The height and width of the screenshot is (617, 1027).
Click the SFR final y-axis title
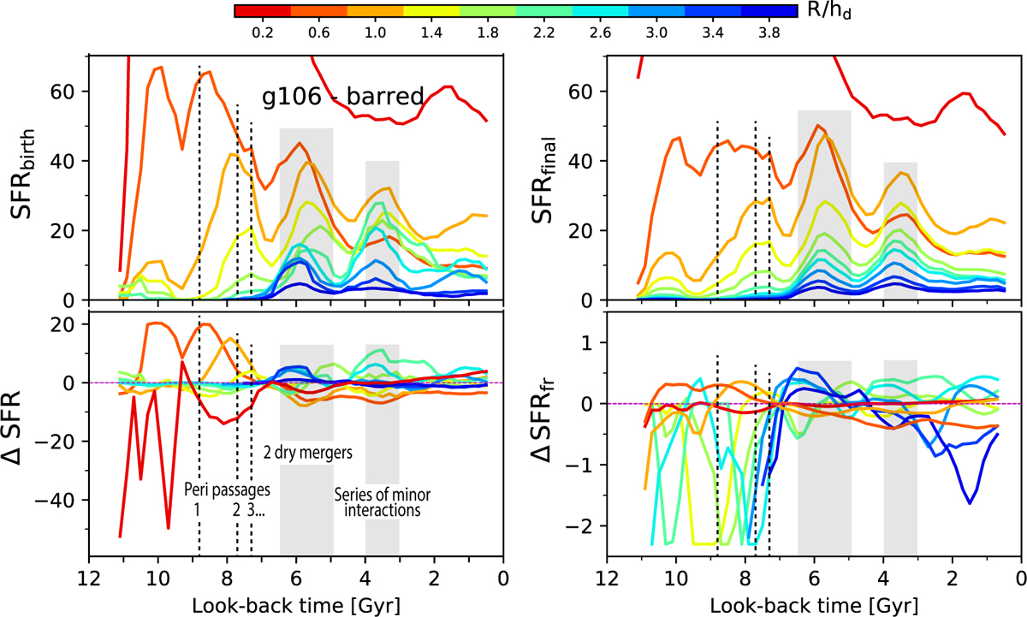pyautogui.click(x=558, y=178)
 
